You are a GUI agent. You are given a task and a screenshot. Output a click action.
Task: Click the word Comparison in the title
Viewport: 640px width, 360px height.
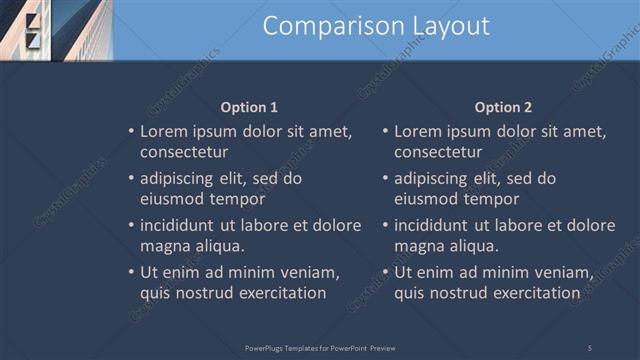coord(318,27)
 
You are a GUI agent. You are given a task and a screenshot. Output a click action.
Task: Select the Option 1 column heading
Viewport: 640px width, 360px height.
coord(249,107)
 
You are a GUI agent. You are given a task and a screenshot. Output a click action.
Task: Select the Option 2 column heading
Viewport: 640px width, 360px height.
coord(504,107)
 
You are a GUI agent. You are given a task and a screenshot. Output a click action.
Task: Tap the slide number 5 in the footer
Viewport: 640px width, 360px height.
coord(589,347)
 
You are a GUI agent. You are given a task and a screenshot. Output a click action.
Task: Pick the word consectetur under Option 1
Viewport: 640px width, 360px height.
coord(184,152)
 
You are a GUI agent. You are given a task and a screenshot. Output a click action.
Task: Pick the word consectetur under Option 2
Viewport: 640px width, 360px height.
coord(438,152)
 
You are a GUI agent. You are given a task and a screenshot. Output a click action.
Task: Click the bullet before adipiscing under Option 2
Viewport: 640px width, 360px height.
coord(385,179)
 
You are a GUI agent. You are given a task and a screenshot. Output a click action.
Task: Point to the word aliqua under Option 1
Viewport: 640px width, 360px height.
coord(217,245)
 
